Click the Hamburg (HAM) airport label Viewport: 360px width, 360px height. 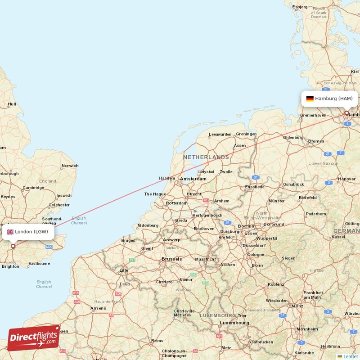(333, 98)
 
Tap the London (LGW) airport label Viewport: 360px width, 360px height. (31, 232)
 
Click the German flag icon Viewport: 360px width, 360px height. (310, 98)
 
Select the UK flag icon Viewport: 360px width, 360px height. (10, 232)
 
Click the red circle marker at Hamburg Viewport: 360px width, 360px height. (346, 113)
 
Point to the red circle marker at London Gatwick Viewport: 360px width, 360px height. (13, 246)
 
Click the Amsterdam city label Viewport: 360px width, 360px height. (193, 179)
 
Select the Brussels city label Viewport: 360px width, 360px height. (171, 259)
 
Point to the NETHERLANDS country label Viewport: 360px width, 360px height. (206, 157)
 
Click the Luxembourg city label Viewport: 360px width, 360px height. (234, 323)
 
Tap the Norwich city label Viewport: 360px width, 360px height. (70, 166)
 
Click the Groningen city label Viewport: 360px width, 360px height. (246, 134)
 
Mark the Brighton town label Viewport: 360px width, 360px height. (10, 266)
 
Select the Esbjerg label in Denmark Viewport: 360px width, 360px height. (300, 7)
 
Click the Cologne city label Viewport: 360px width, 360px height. (256, 255)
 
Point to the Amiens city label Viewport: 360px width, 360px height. (98, 308)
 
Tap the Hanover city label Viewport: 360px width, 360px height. (346, 179)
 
